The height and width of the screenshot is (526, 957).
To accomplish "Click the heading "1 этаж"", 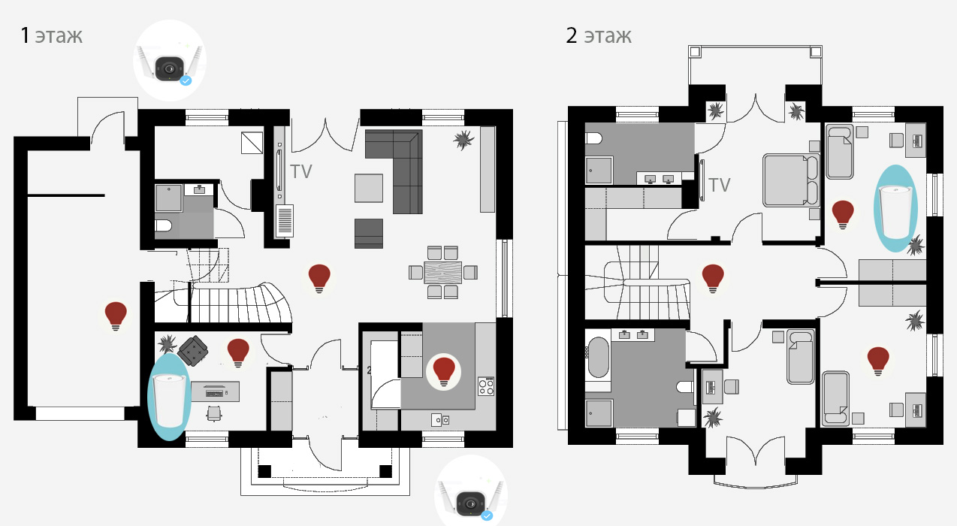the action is pos(51,35).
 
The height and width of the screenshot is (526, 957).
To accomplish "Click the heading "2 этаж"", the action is pos(599,35).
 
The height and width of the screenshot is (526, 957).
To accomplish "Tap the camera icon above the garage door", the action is pos(170,61).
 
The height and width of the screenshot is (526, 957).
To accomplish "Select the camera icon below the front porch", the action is pos(471,491).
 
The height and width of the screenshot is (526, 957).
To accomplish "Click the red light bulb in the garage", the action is pos(116,316).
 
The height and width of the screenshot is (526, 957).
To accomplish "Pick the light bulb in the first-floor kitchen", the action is pos(444,372).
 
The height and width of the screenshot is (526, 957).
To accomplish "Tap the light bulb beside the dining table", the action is pos(319,278).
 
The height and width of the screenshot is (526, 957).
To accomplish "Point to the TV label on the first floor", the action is pos(301,172).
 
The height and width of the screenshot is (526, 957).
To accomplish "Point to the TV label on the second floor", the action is pos(720,186).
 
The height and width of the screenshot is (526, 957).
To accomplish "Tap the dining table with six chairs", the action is pos(443,272).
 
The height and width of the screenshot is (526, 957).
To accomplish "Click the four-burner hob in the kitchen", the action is pos(486,385).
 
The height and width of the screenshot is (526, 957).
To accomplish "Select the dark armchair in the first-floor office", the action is pos(193,350).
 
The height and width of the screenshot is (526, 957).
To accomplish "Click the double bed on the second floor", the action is pos(791,181).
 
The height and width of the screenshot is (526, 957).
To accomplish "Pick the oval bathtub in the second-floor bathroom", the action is pos(598,357).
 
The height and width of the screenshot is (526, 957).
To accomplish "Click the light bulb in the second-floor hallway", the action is pos(713,278).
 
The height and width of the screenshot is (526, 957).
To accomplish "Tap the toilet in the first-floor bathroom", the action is pos(163,225).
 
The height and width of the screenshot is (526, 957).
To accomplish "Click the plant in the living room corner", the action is pos(463,140).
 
